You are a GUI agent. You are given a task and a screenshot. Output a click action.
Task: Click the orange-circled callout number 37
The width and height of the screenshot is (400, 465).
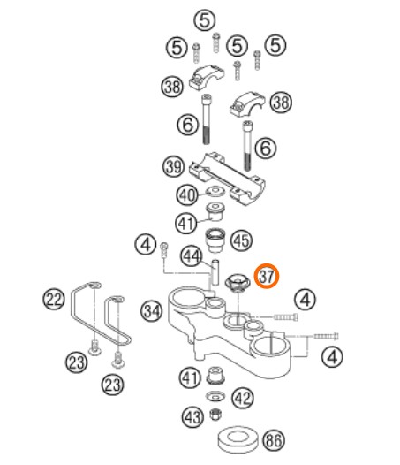click(x=267, y=277)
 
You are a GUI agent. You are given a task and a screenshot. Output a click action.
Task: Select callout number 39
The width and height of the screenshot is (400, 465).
click(x=174, y=166)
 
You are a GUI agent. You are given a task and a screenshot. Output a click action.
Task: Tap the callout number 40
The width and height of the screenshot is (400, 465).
click(x=187, y=195)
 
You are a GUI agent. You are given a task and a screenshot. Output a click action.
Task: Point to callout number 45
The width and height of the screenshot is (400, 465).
click(x=241, y=240)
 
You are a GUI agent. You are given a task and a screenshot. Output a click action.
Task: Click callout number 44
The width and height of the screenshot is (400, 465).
click(x=192, y=255)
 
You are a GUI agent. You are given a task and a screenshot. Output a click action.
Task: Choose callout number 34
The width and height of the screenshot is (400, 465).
click(x=152, y=311)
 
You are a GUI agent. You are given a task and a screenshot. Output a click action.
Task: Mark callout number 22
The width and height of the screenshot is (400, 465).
click(x=54, y=300)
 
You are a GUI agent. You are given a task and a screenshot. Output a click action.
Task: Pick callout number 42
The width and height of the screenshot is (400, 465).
click(x=243, y=398)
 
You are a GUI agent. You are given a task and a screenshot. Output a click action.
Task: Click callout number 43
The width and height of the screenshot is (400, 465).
click(x=192, y=417)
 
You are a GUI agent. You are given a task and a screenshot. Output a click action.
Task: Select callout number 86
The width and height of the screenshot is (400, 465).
click(x=274, y=440)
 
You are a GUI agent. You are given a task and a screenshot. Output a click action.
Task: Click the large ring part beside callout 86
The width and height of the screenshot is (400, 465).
click(x=238, y=439)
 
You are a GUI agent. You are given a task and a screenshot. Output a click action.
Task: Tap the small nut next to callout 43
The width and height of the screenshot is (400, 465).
click(x=216, y=414)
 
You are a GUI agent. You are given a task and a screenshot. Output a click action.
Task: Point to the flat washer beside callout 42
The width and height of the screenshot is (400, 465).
click(x=215, y=396)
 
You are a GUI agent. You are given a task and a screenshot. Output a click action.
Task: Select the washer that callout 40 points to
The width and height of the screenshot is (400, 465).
click(x=215, y=190)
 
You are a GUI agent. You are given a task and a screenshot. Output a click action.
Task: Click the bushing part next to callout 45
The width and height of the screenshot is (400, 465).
click(x=215, y=240)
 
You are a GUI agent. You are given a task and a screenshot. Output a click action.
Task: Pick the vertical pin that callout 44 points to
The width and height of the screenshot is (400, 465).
click(x=215, y=272)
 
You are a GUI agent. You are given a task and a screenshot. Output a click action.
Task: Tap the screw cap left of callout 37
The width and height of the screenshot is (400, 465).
click(x=238, y=283)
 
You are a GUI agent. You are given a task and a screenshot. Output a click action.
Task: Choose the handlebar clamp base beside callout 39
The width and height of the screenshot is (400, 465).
click(x=227, y=179)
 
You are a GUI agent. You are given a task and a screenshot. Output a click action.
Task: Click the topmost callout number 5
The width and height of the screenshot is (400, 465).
click(x=205, y=20)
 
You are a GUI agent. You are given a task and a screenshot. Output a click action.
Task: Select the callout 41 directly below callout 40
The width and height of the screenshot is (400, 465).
click(x=186, y=223)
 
